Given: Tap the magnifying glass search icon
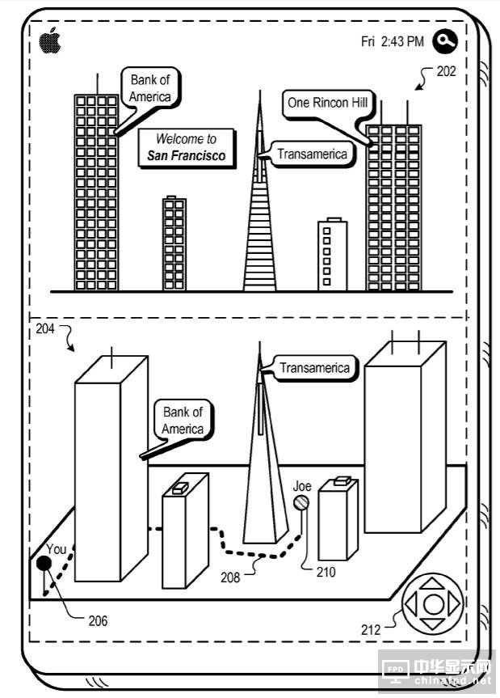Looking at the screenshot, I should pos(445,40).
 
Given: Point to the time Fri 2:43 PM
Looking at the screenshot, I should pos(392,41).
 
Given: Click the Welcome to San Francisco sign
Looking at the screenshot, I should pos(187,148).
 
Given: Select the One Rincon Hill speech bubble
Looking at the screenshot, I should pos(328,104).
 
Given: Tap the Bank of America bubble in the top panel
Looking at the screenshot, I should pos(150,88).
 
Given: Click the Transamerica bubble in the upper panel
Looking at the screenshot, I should pos(312,154).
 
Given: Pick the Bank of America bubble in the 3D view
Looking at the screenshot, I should pos(183,421).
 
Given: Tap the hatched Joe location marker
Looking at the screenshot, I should pos(301,504).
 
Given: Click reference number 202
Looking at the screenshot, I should pos(446,71).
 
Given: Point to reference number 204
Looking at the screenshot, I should pos(47,330).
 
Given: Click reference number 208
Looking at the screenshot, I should pos(230,577).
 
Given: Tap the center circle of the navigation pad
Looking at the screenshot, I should pos(434,603).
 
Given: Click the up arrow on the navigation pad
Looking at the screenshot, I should pos(434,582).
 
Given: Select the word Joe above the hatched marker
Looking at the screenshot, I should pos(302,486).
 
